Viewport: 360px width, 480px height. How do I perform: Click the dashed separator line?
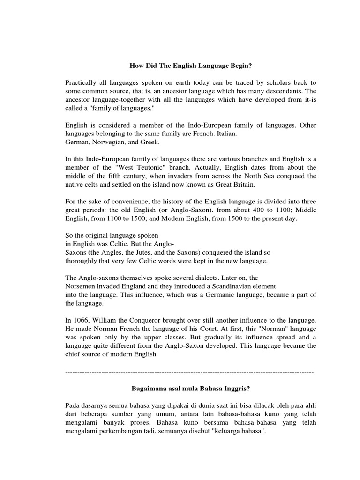click(190, 371)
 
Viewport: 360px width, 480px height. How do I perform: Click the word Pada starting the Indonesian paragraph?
click(74, 405)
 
